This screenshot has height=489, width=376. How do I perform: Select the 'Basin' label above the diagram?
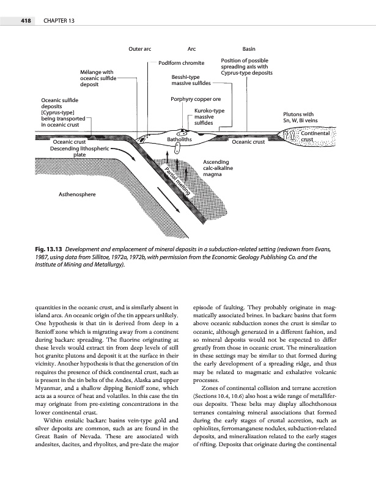249,48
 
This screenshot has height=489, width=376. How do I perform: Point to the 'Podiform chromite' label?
181,63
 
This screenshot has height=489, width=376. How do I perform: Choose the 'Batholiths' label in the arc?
180,140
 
